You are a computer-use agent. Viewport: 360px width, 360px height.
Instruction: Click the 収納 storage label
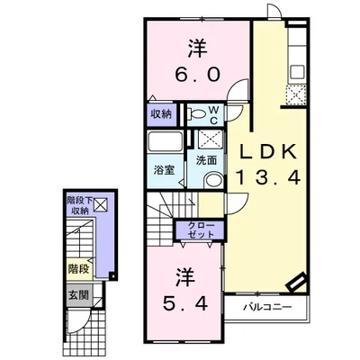[162, 114]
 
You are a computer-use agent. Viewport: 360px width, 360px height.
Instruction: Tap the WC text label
[214, 113]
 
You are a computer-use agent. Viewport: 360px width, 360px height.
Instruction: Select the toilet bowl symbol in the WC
[196, 114]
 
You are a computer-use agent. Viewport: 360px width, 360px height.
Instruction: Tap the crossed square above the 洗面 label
[211, 139]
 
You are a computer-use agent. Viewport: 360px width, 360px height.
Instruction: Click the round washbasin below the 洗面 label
[212, 178]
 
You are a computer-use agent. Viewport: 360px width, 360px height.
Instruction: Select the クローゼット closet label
[202, 229]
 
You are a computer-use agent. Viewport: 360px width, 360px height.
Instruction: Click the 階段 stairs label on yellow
[77, 268]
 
